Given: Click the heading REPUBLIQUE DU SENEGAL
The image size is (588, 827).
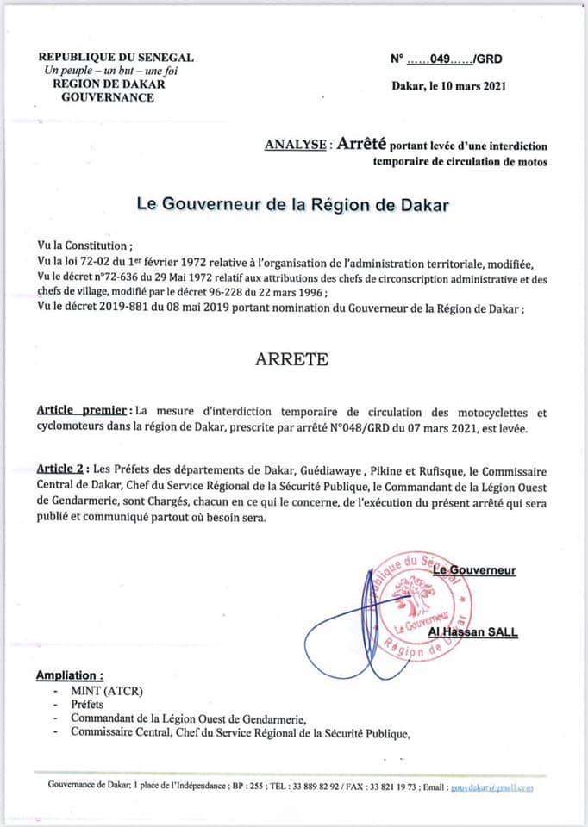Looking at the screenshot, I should [116, 57].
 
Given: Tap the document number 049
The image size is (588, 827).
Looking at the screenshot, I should [441, 59].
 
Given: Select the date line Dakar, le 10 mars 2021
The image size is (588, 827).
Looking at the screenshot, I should [448, 85].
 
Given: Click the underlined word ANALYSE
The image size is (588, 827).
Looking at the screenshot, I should [297, 146].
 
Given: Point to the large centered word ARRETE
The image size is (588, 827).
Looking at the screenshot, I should [291, 359].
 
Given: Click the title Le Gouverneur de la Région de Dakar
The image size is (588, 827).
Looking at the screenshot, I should [293, 205].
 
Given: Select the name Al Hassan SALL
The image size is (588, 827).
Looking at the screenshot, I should [472, 633].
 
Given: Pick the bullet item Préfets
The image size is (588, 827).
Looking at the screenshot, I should [87, 705].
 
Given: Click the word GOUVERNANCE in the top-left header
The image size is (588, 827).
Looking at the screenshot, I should [109, 97].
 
